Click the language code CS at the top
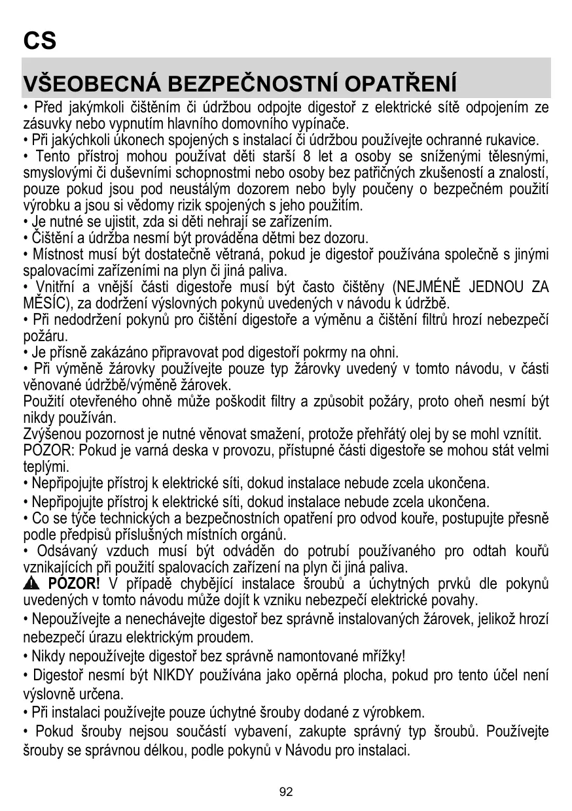[x=40, y=41]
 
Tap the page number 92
[x=286, y=791]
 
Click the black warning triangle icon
[x=29, y=584]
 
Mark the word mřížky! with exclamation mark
[x=381, y=655]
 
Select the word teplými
[x=46, y=467]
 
